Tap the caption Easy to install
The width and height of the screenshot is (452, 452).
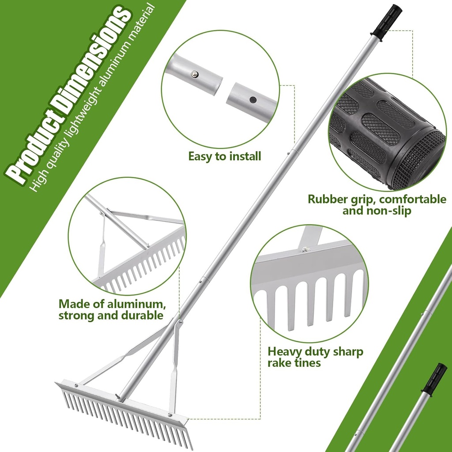[x=225, y=156]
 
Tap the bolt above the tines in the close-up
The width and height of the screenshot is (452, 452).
[x=305, y=250]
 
